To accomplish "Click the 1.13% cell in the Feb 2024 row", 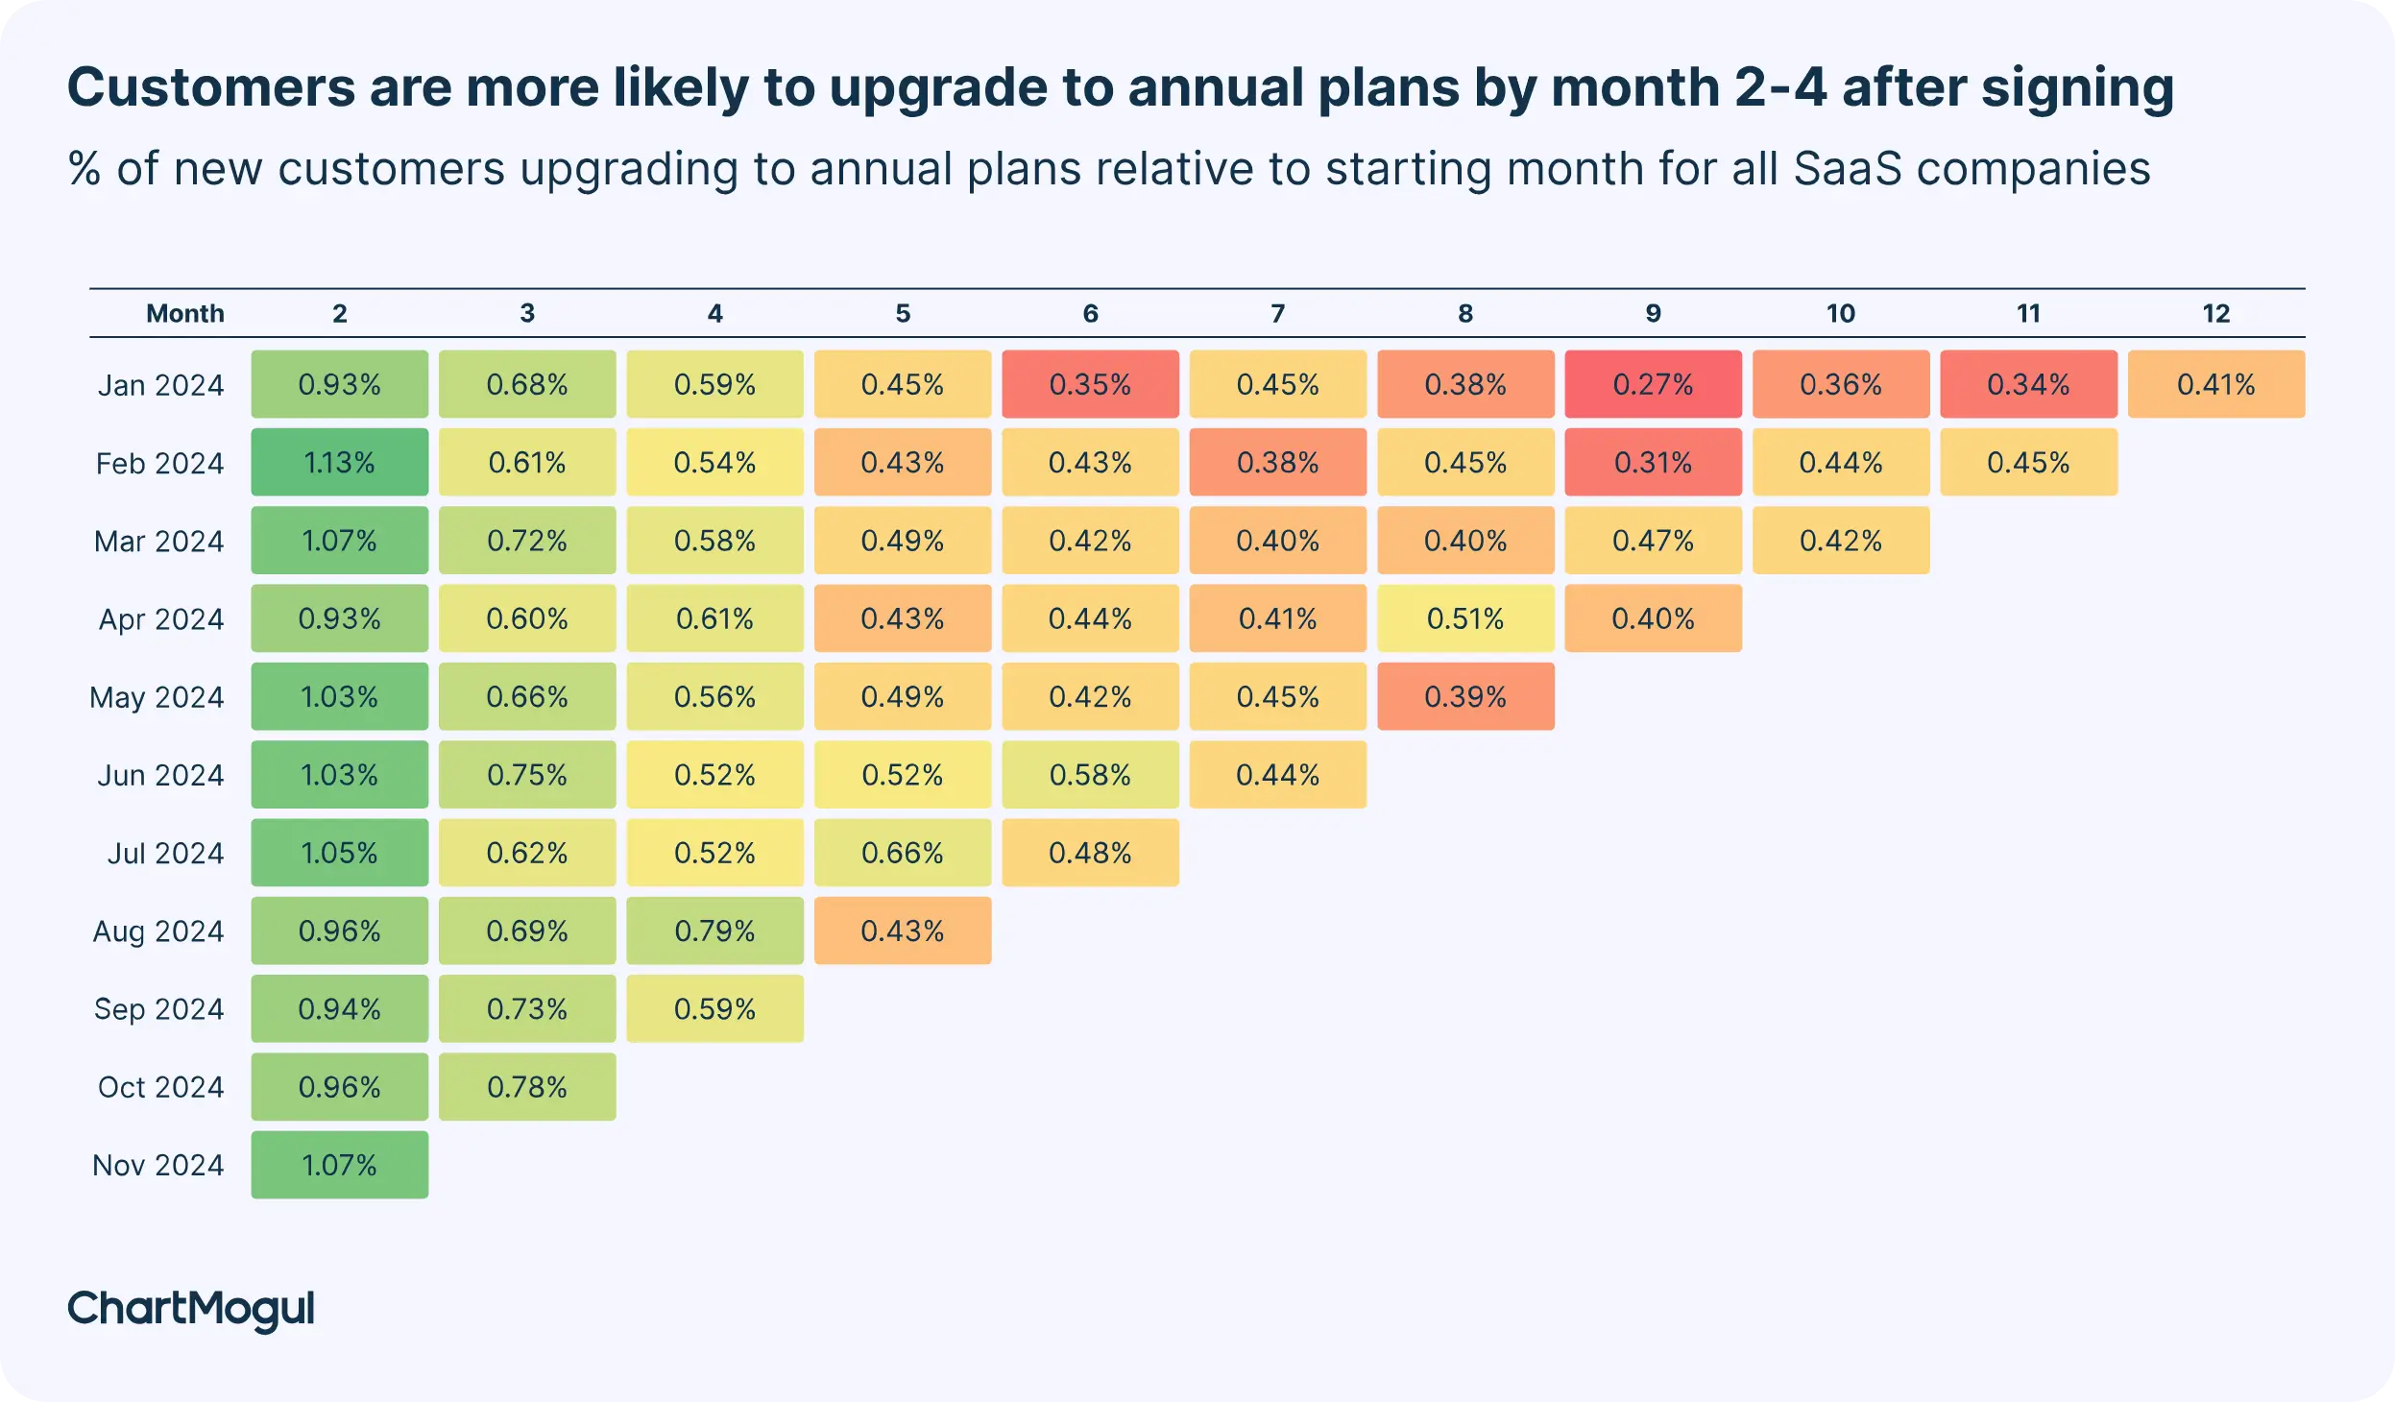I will [x=339, y=462].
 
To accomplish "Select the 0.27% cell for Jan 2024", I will [x=1652, y=384].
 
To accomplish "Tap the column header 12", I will [x=2215, y=313].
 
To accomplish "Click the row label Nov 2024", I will [x=158, y=1165].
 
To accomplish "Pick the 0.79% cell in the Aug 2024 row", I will [x=714, y=931].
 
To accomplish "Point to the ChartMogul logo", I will [x=191, y=1309].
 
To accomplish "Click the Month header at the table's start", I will [x=184, y=313].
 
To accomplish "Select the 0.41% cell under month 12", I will [x=2215, y=384].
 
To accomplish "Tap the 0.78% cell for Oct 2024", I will [x=526, y=1086].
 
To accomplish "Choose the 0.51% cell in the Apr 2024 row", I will [x=1464, y=618].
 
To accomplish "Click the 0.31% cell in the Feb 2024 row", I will [x=1652, y=462].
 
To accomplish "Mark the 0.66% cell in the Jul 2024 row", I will [x=902, y=853].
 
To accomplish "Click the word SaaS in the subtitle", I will [x=1847, y=169].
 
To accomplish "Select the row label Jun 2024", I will [x=160, y=775].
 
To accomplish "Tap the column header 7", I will [x=1277, y=313].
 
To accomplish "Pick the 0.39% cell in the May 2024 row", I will [x=1464, y=696].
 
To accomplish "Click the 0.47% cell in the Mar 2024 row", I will [x=1652, y=541].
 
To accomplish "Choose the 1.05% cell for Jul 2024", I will [x=339, y=853].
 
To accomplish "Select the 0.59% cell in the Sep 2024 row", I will [x=714, y=1008].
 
